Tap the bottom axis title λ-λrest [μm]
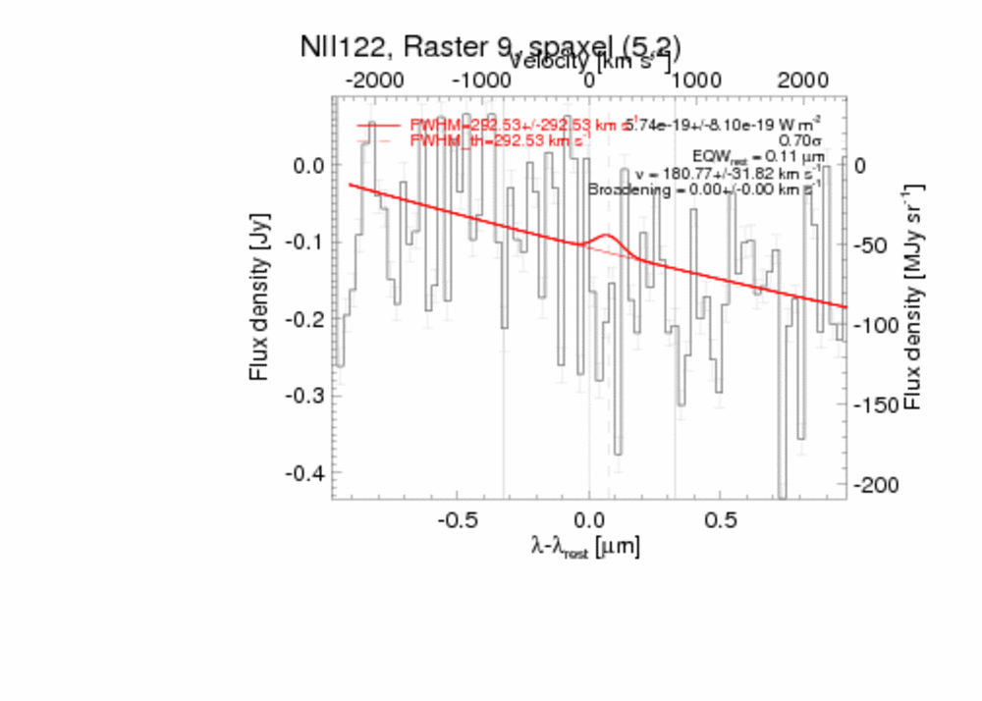point(585,548)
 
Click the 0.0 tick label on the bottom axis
point(588,518)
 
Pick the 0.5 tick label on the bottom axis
point(721,518)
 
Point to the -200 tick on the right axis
point(873,485)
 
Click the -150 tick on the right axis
point(873,405)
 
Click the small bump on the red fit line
point(607,237)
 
